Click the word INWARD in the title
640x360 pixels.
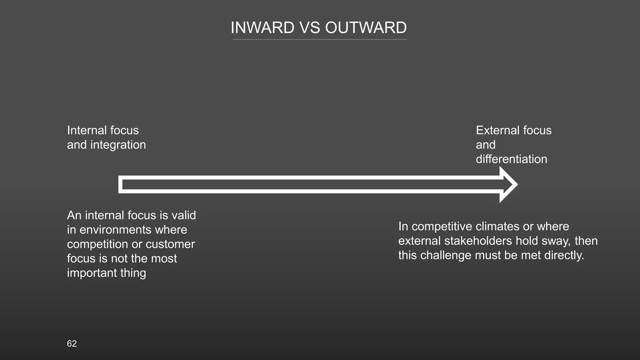point(262,28)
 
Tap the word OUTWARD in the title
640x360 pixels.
point(366,28)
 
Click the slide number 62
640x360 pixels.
point(72,344)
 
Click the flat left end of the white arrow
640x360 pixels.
point(120,184)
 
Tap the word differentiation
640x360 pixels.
point(511,159)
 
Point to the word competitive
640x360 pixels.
point(444,227)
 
